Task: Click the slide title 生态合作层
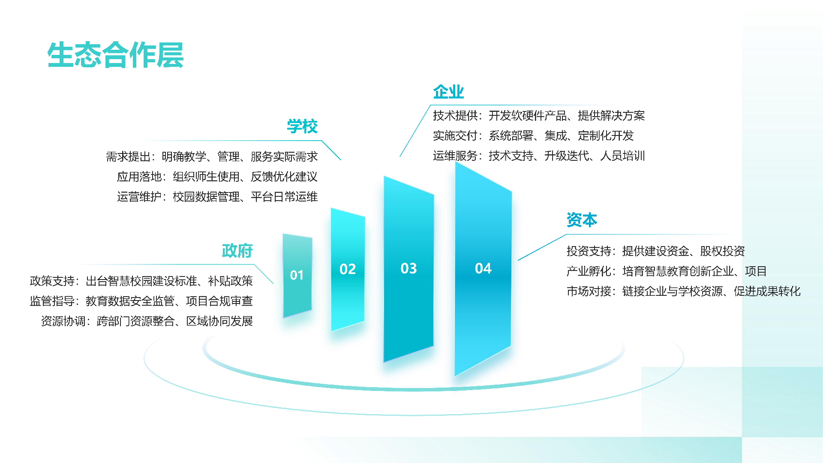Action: coord(115,55)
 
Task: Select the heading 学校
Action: coord(302,126)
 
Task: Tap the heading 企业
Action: coord(448,92)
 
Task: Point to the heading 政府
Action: coord(237,251)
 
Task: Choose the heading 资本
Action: coord(582,220)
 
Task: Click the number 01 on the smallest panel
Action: coord(297,275)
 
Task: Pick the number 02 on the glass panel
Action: coord(348,269)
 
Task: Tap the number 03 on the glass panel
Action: coord(408,268)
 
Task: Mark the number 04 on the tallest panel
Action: coord(483,268)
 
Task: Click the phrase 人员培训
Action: coord(622,156)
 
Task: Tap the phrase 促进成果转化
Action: coord(767,292)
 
